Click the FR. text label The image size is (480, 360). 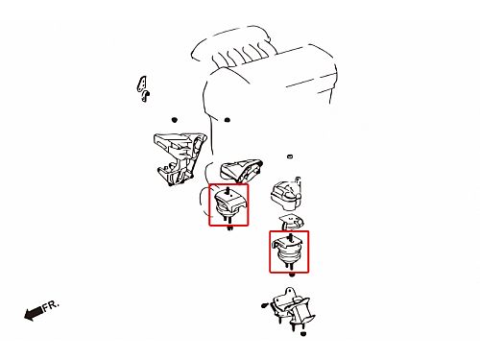click(51, 305)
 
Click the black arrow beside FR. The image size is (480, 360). click(34, 313)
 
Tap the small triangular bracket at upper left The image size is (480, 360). click(144, 88)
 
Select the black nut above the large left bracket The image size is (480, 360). click(175, 120)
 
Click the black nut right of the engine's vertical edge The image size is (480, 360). click(228, 120)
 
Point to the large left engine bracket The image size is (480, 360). click(180, 159)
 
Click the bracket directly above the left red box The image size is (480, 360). click(242, 170)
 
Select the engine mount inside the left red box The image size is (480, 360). click(228, 204)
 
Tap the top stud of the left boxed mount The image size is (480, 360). click(228, 190)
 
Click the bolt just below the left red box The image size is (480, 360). click(229, 228)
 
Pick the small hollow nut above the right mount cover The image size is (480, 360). click(290, 156)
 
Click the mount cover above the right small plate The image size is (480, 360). click(286, 194)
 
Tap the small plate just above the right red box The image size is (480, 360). click(291, 222)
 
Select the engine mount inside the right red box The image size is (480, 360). click(288, 252)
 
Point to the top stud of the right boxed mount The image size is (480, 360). click(290, 237)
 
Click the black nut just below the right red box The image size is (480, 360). click(292, 275)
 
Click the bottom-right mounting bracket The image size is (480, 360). click(292, 308)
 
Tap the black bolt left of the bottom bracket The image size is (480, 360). click(264, 305)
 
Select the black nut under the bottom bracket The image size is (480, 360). click(303, 334)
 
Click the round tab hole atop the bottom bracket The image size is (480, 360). click(289, 292)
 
